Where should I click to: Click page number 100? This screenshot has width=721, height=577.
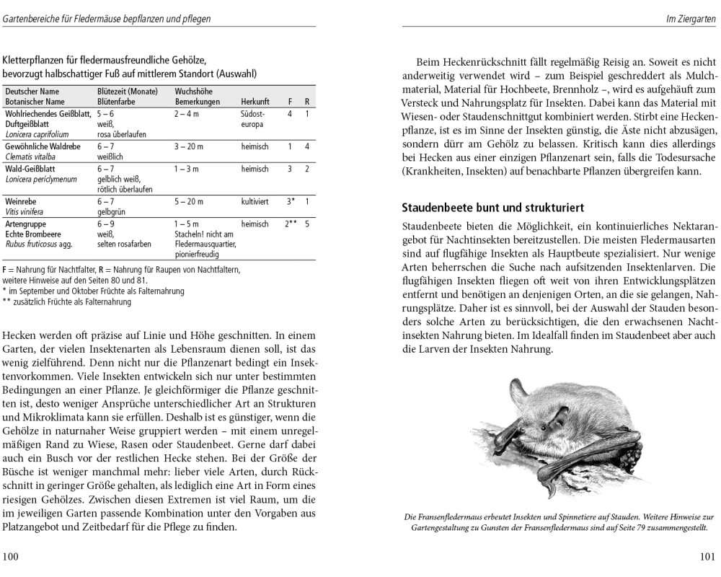click(x=12, y=557)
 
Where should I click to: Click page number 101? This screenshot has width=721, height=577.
click(x=707, y=557)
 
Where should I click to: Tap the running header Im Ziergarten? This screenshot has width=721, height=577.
click(x=690, y=19)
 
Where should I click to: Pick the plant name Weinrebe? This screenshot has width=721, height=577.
click(x=20, y=202)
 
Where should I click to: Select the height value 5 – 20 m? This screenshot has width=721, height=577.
click(x=189, y=202)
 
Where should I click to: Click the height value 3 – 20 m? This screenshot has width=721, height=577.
click(x=189, y=146)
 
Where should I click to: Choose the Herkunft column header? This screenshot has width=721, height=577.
click(x=255, y=102)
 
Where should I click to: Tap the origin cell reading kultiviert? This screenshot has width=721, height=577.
click(x=255, y=202)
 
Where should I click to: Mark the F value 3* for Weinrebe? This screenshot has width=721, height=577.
click(x=291, y=202)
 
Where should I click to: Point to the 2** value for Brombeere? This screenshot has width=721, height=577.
click(x=291, y=225)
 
